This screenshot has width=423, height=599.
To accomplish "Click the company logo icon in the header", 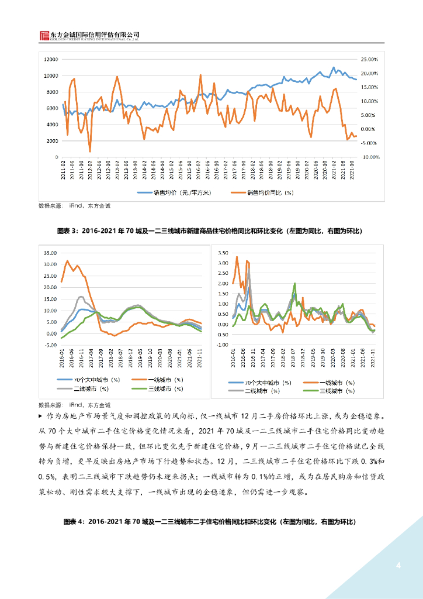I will click(43, 36).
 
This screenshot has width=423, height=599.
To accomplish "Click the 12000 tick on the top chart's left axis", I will click(51, 60).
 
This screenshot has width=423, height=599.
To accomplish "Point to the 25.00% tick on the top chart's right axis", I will click(370, 60).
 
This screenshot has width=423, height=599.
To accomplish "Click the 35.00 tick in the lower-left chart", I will click(50, 253).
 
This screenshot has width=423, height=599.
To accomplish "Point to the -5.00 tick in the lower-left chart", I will click(50, 345).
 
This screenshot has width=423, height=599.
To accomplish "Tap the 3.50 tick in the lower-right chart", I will click(221, 253).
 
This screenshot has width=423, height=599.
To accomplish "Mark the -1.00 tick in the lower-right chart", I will click(221, 345).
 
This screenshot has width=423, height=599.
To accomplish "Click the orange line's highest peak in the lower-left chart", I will click(68, 261).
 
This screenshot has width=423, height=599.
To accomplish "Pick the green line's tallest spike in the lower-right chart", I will click(294, 284).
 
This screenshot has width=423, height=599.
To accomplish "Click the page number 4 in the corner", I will click(398, 565).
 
